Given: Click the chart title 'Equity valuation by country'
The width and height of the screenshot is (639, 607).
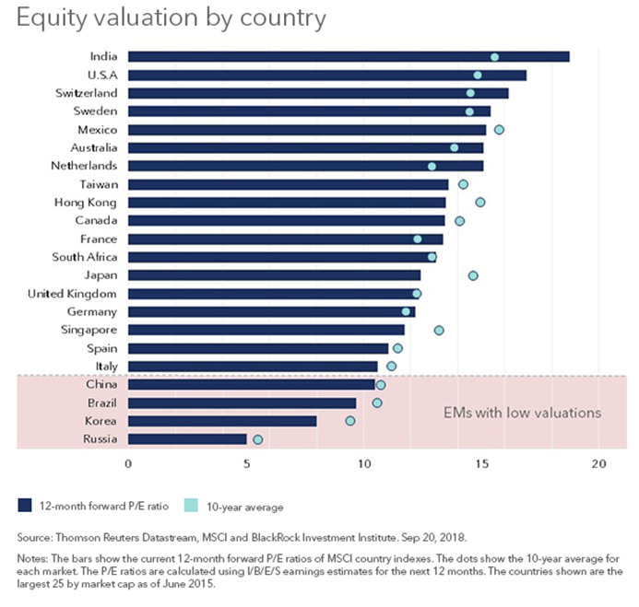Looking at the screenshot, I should click(x=171, y=18).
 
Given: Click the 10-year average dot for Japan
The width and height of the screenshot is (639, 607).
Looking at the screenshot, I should click(x=473, y=275).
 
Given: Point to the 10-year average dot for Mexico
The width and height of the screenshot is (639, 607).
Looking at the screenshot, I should click(x=499, y=130).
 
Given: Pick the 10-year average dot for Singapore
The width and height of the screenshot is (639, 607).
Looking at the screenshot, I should click(x=439, y=330).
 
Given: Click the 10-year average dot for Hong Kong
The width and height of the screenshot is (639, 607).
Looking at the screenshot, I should click(x=479, y=202).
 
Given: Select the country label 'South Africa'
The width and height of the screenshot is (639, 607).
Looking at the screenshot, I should click(x=84, y=257).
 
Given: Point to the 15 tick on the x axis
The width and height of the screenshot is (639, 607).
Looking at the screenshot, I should click(x=483, y=463).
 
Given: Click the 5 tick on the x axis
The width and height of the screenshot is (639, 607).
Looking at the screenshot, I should click(x=246, y=463).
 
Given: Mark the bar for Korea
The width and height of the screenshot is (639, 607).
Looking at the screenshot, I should click(x=222, y=421).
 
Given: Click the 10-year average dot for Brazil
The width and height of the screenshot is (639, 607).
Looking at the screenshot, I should click(x=376, y=403).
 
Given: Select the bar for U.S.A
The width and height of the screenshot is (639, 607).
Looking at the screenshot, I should click(x=326, y=76).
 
